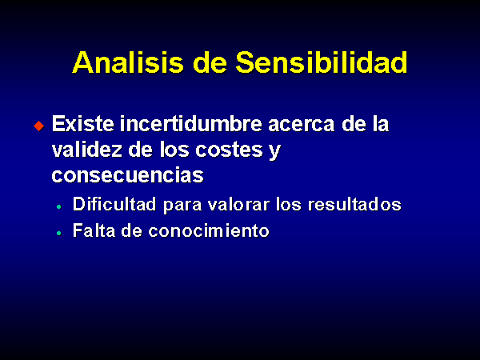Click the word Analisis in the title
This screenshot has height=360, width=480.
128,62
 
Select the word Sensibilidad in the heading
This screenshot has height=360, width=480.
321,62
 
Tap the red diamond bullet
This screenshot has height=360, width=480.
39,126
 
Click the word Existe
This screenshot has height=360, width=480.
82,124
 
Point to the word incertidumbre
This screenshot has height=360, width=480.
190,124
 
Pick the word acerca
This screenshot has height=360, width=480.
302,126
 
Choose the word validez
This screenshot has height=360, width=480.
86,150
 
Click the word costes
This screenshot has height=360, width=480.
229,150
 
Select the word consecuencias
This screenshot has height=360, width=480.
128,175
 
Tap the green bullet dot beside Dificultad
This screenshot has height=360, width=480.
59,207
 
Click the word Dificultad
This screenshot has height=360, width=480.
114,204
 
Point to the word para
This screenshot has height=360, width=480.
182,206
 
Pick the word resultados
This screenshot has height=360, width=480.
354,204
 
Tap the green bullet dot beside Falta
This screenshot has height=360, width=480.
59,234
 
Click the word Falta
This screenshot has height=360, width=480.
94,230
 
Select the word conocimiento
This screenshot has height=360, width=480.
209,230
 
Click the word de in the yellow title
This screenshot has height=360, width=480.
210,62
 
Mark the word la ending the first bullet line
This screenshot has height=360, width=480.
381,124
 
